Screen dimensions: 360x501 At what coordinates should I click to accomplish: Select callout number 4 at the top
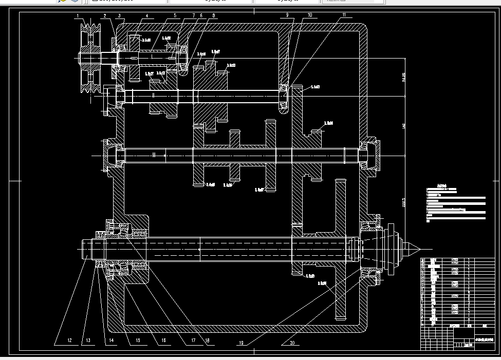click(146, 16)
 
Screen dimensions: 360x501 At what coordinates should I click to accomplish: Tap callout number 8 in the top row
click(214, 16)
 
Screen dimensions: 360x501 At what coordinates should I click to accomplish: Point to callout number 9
click(288, 15)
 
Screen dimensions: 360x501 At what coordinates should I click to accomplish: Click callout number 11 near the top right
click(344, 15)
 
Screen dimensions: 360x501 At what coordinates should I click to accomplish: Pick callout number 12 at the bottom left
click(69, 340)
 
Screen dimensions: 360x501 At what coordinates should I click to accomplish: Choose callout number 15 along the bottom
click(138, 340)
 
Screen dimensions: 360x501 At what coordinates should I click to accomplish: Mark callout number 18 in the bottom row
click(208, 340)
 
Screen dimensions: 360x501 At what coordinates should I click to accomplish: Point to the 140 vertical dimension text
click(403, 126)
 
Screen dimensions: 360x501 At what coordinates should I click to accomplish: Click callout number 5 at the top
click(175, 16)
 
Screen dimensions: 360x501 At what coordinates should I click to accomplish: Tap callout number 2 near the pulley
click(104, 16)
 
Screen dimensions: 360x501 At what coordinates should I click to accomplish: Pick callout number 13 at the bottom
click(88, 340)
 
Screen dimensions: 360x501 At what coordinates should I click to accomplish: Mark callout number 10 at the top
click(310, 15)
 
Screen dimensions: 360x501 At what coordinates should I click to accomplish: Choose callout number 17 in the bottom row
click(193, 340)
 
